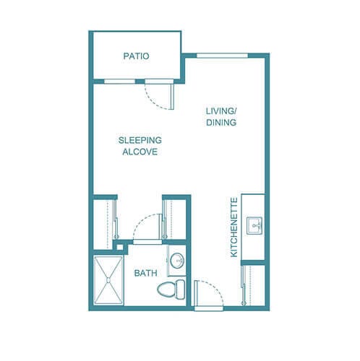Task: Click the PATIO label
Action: tap(136, 56)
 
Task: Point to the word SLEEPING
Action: tap(140, 140)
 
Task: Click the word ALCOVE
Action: tap(140, 152)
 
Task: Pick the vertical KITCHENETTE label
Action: tap(233, 227)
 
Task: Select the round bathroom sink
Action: tap(178, 261)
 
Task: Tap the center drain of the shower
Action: tap(111, 279)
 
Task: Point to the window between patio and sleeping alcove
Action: tap(116, 80)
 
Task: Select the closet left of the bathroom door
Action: tap(107, 220)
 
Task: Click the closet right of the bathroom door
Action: tap(177, 220)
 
